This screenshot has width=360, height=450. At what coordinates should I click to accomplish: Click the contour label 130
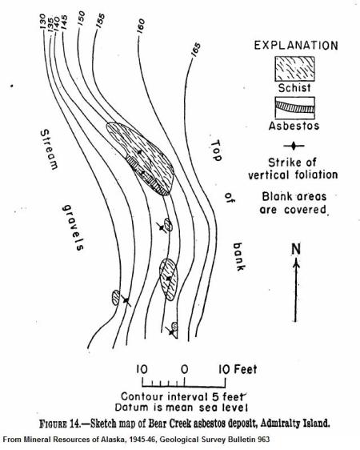[x=42, y=22]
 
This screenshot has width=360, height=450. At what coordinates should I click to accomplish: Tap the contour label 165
[x=196, y=50]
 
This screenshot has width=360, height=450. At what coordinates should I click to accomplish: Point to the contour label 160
[x=141, y=26]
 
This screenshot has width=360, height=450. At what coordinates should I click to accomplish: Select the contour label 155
[x=100, y=21]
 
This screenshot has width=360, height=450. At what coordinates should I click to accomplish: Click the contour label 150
[x=81, y=18]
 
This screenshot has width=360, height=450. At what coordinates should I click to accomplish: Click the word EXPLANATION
[x=296, y=46]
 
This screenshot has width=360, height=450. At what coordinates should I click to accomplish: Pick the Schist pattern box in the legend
[x=294, y=69]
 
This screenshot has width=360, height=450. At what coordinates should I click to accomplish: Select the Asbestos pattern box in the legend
[x=294, y=107]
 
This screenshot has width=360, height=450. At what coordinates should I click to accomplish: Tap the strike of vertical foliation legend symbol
[x=294, y=146]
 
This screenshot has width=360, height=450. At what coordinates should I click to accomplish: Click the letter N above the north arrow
[x=296, y=249]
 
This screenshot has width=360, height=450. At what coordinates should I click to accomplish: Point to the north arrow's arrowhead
[x=296, y=262]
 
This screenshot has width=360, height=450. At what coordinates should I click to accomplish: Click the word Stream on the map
[x=49, y=149]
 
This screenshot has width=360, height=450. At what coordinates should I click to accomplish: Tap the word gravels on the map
[x=74, y=227]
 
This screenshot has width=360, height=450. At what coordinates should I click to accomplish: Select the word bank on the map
[x=238, y=256]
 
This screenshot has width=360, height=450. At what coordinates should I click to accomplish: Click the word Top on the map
[x=216, y=151]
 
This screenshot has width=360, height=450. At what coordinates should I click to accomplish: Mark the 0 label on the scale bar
[x=184, y=369]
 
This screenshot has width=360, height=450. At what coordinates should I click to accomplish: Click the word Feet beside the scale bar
[x=246, y=369]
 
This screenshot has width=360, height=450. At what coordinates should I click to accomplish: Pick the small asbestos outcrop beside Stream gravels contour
[x=116, y=298]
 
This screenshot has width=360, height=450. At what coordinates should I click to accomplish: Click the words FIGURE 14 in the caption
[x=61, y=424]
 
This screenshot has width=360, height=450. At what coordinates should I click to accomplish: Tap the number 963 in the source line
[x=264, y=439]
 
